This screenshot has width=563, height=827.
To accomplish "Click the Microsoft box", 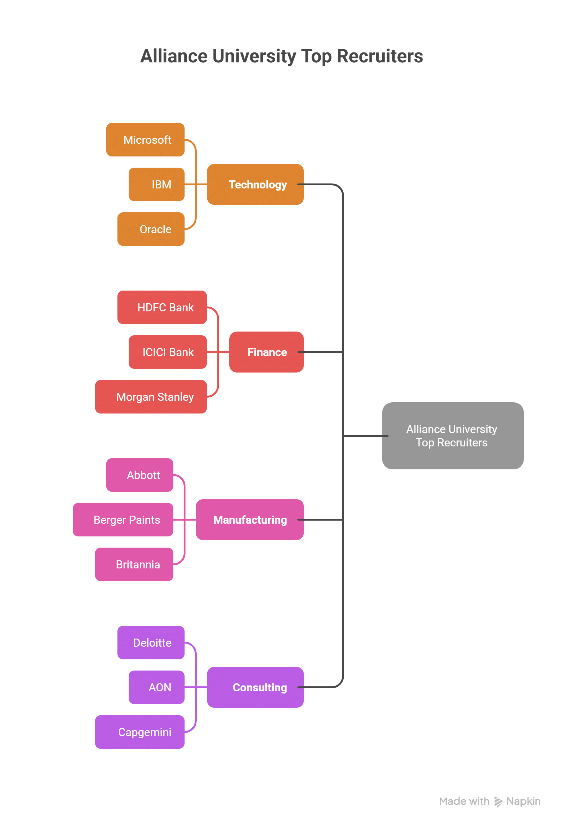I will pos(145,139).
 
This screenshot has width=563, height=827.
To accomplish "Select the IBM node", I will pos(156,184).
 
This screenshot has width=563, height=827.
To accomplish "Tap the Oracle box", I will pos(151,229).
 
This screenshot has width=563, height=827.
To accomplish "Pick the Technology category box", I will pos(255,184).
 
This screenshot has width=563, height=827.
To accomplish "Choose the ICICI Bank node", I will pos(167,352).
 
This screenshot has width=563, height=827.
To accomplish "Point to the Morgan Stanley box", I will pos(151,396).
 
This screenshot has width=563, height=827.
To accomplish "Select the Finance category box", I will pos(266,352).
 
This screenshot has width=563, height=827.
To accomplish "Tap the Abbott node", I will pos(140,475).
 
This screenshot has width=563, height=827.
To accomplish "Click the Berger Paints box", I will pos(123,520).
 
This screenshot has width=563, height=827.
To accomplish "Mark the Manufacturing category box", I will pos(249,520).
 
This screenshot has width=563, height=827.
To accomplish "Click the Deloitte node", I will pos(151,642).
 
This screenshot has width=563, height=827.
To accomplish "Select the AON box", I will pos(156,687).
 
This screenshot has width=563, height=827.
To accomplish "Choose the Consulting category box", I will pos(255,687).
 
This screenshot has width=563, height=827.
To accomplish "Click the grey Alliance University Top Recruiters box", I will pos(452,436).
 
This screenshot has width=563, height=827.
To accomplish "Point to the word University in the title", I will pos(254,56).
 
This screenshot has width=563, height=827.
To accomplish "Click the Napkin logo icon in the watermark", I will pos(498,801).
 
